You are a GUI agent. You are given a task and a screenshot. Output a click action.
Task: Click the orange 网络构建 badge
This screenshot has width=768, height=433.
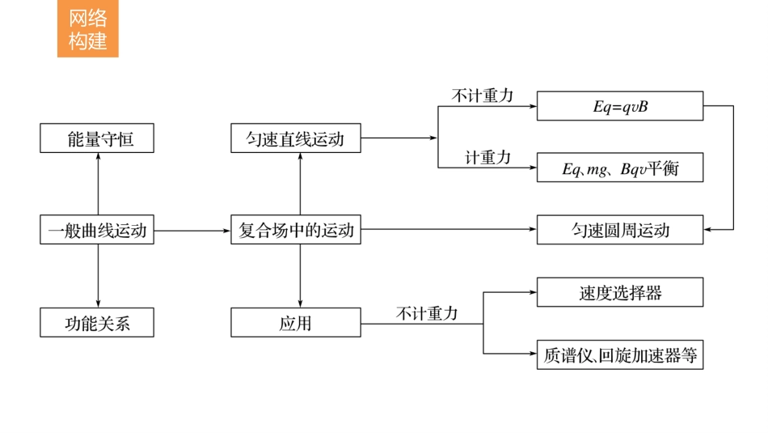pos(87,30)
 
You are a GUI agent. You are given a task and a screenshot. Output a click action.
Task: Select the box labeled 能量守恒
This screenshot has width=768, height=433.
pos(97,138)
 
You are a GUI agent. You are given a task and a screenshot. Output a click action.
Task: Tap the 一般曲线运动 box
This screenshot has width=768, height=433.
pos(97,230)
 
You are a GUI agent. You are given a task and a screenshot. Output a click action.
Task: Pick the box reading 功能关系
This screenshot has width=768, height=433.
pos(97,323)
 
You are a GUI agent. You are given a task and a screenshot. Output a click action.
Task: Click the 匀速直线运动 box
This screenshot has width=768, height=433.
pos(296,138)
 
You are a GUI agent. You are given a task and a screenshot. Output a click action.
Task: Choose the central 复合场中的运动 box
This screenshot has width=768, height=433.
pos(296,230)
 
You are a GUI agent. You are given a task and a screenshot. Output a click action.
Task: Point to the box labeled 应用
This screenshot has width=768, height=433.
pos(296,323)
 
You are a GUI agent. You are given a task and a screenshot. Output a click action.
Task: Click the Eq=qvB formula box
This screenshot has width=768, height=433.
pos(620,106)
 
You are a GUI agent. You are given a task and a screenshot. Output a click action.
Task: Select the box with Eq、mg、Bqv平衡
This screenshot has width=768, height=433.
pos(620,168)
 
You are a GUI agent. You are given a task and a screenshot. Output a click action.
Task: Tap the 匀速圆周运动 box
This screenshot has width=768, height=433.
pos(620,230)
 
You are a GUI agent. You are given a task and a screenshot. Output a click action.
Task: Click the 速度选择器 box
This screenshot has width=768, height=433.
pos(620,292)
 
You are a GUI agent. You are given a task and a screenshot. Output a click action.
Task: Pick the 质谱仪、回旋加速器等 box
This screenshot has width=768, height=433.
pos(620,354)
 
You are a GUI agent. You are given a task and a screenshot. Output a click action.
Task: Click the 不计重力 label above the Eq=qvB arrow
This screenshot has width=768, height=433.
pos(482,96)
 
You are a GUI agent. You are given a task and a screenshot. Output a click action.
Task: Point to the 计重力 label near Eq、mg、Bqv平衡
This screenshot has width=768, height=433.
pos(487,158)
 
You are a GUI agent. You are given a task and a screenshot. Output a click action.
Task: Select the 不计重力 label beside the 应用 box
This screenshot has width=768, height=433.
pos(427,313)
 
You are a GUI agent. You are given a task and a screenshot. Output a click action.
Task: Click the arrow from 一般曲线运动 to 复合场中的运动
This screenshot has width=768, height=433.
pos(192,230)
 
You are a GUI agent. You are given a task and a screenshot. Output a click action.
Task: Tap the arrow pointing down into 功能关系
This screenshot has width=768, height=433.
pos(98,276)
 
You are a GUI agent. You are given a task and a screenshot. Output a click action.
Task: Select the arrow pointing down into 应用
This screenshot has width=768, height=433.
pos(300,276)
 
